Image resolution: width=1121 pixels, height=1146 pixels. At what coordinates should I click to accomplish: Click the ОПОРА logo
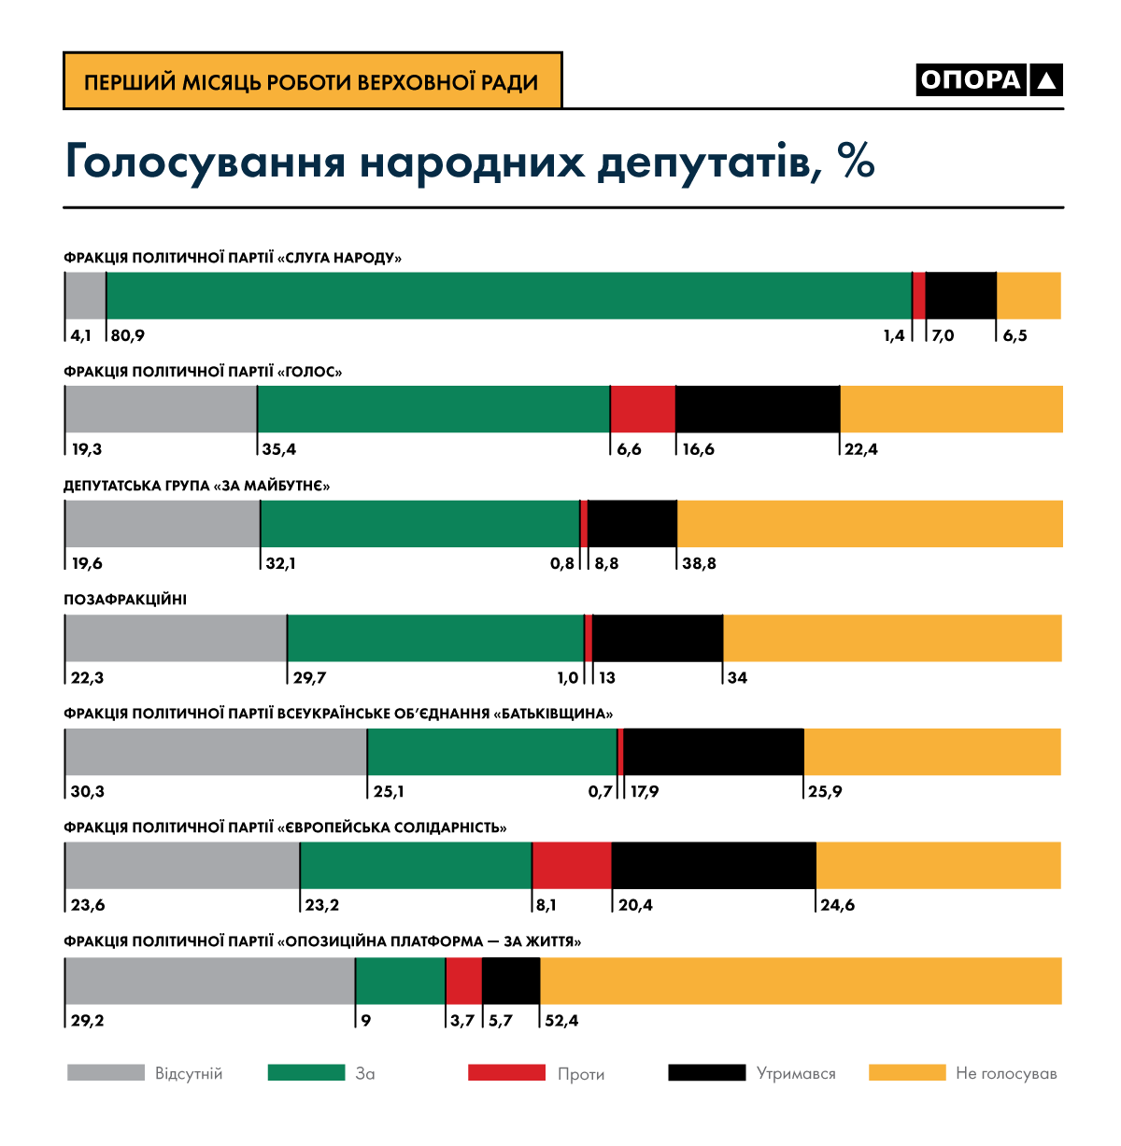coord(989,80)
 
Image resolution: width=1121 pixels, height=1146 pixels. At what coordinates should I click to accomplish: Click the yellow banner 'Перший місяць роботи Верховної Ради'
coord(312,81)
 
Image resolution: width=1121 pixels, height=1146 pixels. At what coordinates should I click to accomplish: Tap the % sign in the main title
coord(856,162)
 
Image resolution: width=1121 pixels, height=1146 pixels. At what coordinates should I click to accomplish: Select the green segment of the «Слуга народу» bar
coord(509,296)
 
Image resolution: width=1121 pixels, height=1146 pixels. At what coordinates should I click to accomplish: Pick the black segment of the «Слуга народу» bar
coord(961,296)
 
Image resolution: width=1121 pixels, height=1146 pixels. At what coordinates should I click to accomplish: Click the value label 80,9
coord(127,335)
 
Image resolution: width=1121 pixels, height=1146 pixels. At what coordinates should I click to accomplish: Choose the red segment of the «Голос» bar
coord(643,409)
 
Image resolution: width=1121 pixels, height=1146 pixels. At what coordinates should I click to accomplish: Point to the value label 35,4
coord(279,449)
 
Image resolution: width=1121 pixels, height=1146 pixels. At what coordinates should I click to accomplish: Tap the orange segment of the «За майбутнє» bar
coord(870,524)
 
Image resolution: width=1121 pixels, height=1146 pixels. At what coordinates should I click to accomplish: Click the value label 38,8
coord(699,563)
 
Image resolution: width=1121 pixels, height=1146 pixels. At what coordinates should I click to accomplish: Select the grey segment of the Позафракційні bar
coord(176,638)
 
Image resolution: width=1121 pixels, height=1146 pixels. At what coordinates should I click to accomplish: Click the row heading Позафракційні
coord(125,600)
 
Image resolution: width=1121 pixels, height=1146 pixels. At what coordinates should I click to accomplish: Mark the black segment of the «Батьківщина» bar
coord(714,752)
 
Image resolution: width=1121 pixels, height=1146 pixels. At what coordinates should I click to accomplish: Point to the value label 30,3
coord(88,792)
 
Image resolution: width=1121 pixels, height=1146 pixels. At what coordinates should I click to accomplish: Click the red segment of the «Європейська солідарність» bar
coord(572,866)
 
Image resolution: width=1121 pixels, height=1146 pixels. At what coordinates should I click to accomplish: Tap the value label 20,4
coord(635,905)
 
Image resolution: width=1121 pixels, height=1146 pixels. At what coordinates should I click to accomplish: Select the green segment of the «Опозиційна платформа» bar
coord(401,981)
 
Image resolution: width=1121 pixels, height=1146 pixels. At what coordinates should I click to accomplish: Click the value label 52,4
coord(561,1020)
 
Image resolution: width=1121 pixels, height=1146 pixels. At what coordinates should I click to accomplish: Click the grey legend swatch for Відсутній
coord(106,1072)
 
